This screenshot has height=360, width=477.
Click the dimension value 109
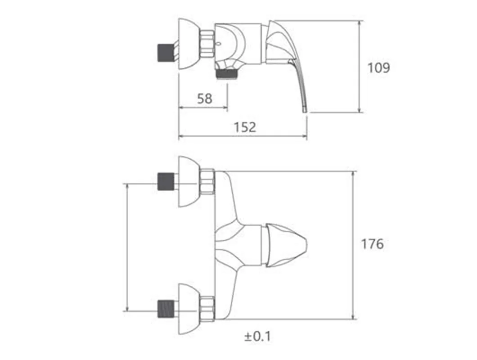click(x=379, y=67)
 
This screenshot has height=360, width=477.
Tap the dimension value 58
click(x=204, y=99)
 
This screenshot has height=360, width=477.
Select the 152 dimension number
click(x=245, y=127)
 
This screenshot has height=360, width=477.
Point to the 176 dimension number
click(x=372, y=244)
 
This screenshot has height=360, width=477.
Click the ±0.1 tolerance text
click(x=257, y=337)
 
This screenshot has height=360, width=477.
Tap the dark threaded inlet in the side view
click(x=166, y=53)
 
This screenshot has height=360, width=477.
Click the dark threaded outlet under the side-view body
click(x=226, y=74)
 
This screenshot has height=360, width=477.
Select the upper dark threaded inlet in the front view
click(x=166, y=182)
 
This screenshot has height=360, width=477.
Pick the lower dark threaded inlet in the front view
click(x=166, y=309)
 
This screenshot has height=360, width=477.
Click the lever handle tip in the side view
click(x=305, y=109)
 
